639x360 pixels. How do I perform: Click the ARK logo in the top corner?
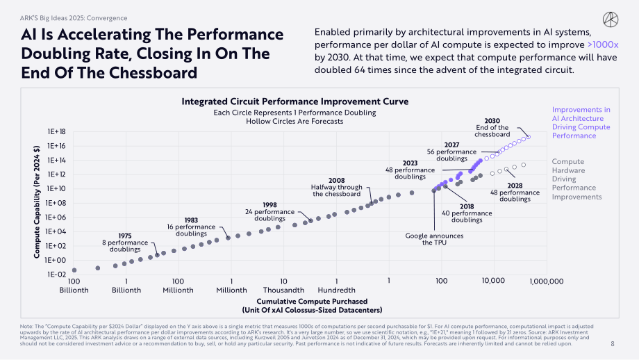coord(611,19)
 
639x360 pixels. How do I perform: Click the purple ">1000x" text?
coord(603,45)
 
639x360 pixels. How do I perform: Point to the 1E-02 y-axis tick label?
coord(56,275)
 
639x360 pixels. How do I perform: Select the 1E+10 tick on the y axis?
coord(56,189)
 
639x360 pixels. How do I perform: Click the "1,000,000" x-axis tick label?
coord(547,281)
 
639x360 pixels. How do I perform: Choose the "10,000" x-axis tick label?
coord(494,281)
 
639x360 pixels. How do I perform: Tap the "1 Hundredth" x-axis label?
coord(337,286)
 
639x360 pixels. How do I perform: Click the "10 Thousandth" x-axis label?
coord(283,286)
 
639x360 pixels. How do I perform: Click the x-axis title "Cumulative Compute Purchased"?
coord(312,302)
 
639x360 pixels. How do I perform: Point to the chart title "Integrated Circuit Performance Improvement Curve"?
coord(295,101)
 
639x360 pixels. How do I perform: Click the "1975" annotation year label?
coord(125,236)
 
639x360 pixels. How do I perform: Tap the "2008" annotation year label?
coord(337,181)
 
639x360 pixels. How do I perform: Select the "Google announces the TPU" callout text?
coord(434,239)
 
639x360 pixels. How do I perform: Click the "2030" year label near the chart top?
coord(492,121)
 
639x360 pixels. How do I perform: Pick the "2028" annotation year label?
coord(515,186)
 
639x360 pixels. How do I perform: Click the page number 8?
coord(613,344)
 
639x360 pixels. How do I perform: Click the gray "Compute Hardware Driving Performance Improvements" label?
coord(576,179)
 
